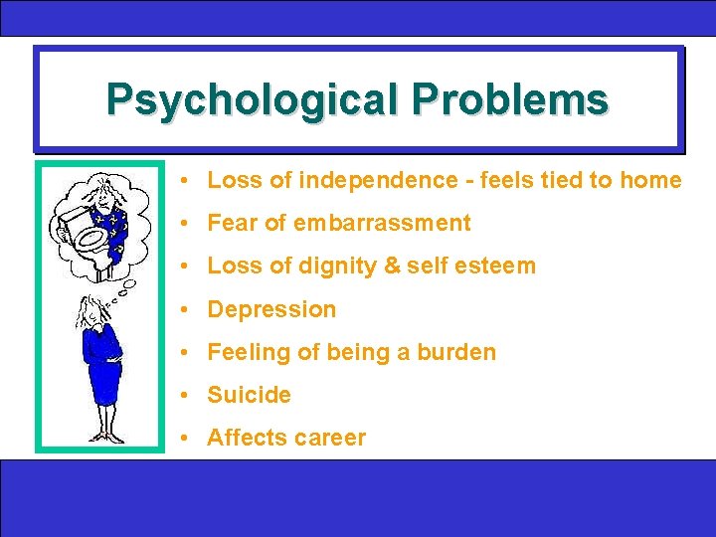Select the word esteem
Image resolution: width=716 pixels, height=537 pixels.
(x=498, y=266)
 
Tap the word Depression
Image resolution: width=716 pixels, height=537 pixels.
(x=271, y=309)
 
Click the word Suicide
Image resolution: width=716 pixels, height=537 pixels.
(x=249, y=395)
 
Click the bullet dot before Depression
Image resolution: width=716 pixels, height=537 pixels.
(x=186, y=309)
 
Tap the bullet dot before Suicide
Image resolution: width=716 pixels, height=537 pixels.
(x=186, y=395)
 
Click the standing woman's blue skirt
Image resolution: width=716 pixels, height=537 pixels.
(x=102, y=383)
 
